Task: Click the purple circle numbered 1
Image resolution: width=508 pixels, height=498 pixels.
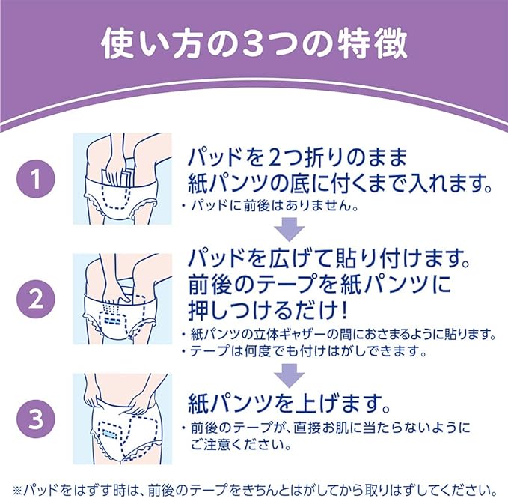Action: (x=36, y=179)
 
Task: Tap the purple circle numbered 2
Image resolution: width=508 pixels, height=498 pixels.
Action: (x=36, y=300)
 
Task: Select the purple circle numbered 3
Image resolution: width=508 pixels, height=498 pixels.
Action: (x=36, y=419)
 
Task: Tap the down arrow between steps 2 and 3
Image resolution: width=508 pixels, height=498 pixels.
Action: (x=290, y=375)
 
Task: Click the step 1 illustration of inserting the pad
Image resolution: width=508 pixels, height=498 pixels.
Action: (x=122, y=179)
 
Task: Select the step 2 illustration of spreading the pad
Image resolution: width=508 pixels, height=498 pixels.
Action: (x=122, y=299)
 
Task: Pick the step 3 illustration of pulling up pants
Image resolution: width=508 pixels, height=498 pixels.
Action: (x=122, y=419)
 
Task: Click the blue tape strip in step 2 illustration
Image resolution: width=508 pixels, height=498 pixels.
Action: (x=112, y=321)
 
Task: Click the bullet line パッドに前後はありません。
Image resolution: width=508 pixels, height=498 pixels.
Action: (x=270, y=206)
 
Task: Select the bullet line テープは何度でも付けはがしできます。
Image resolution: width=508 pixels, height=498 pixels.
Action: (x=304, y=351)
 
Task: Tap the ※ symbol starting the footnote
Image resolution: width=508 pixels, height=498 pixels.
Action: (x=17, y=490)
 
